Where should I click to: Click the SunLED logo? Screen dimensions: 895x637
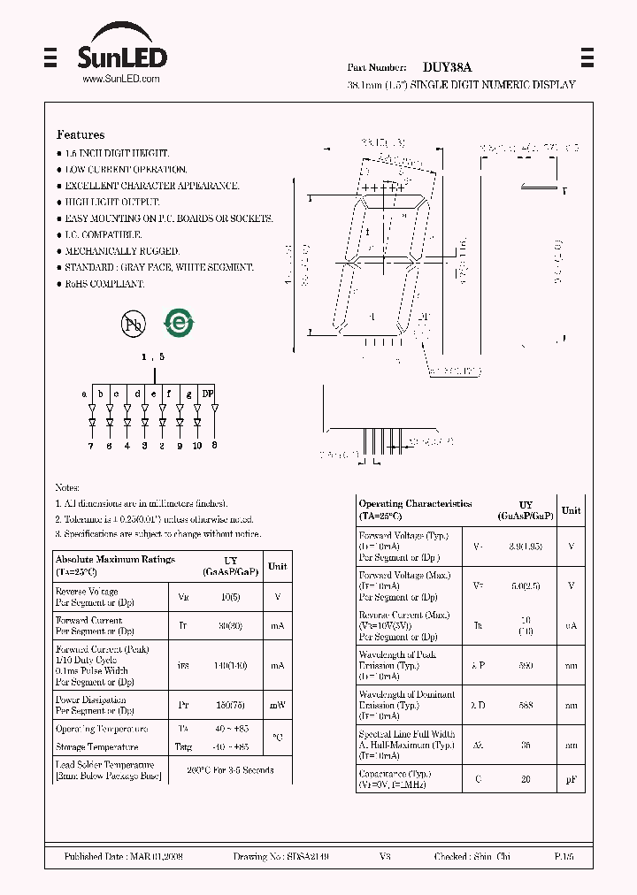(123, 57)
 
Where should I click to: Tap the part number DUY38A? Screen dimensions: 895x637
(447, 67)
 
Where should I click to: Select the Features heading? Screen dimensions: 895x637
(81, 135)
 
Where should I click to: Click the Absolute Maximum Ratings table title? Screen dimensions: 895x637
(115, 560)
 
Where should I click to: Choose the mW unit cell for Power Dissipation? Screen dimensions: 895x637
(277, 705)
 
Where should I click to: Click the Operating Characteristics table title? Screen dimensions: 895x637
(415, 504)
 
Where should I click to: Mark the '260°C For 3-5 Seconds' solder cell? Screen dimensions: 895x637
(230, 769)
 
